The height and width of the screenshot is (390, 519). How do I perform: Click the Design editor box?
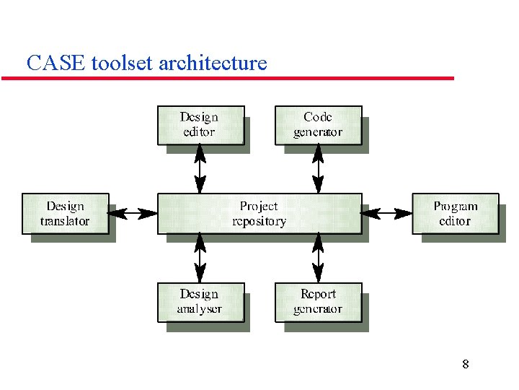tap(200, 125)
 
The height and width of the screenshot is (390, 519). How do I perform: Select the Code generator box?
tap(318, 125)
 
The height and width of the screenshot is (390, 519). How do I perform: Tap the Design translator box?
tap(65, 213)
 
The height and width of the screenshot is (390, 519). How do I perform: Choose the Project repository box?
tap(259, 213)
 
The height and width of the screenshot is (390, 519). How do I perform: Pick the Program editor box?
tap(455, 213)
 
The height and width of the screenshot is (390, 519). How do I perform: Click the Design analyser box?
tap(200, 302)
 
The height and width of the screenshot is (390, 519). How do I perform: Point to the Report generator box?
tap(318, 302)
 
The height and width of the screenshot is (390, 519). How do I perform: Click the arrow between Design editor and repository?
tap(200, 169)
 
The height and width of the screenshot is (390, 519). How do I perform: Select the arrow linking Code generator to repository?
tap(318, 169)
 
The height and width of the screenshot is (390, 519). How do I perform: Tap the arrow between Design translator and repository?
tap(133, 213)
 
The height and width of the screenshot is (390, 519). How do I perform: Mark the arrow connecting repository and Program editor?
tap(386, 213)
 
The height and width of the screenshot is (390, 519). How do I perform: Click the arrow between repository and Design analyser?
tap(200, 258)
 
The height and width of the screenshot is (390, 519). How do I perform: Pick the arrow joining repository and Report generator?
tap(318, 258)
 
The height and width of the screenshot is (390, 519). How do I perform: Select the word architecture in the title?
tap(212, 64)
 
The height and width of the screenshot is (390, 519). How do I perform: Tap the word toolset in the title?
tap(123, 64)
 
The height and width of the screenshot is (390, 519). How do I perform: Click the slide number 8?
tap(465, 364)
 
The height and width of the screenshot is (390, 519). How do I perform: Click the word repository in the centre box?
tap(259, 222)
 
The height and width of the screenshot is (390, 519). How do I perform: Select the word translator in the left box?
tap(65, 222)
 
